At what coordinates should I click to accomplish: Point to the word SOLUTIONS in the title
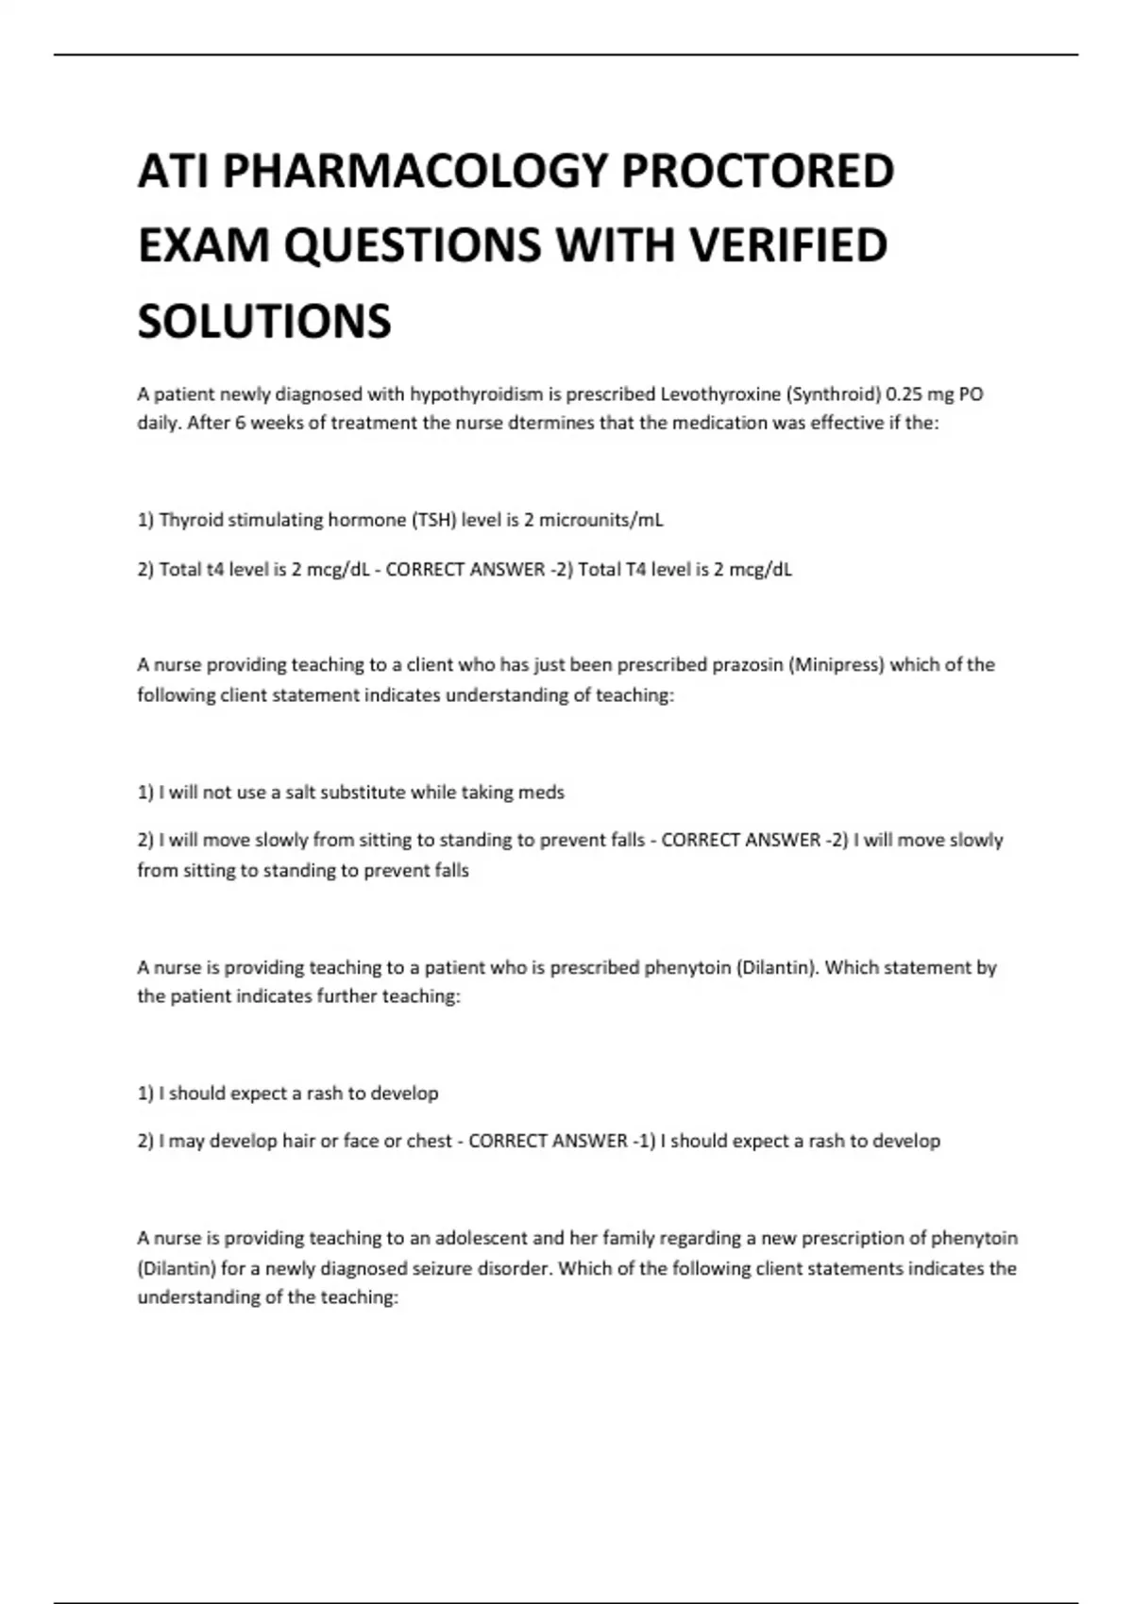pyautogui.click(x=264, y=321)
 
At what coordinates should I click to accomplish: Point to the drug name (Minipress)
pyautogui.click(x=837, y=665)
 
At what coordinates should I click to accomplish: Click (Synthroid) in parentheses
pyautogui.click(x=828, y=393)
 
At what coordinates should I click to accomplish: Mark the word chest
pyautogui.click(x=430, y=1141)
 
